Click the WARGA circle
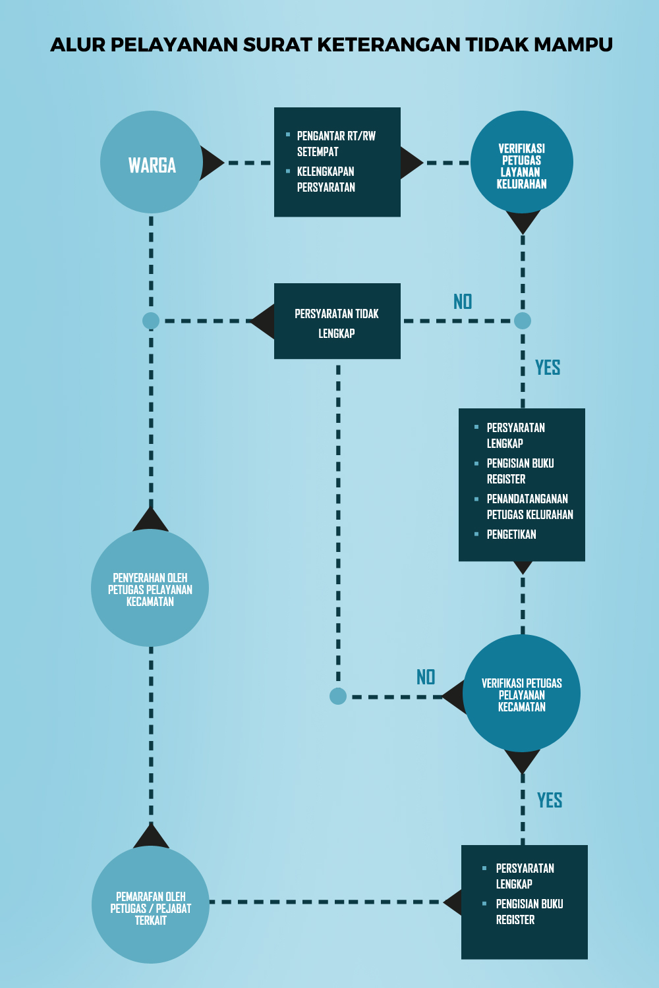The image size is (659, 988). click(152, 162)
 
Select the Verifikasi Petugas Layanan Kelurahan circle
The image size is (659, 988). click(522, 162)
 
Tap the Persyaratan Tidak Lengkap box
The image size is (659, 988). click(337, 321)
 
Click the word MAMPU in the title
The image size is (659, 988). click(573, 45)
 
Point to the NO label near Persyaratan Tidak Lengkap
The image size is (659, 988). click(463, 302)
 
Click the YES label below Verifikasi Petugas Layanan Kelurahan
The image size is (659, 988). click(548, 368)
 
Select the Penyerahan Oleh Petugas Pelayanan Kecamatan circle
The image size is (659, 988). click(150, 588)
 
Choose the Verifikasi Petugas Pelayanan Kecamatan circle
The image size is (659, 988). click(522, 693)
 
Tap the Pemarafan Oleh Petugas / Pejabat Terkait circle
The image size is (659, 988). click(150, 904)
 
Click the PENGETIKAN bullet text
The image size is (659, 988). click(511, 535)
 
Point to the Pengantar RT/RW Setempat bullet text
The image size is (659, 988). click(336, 144)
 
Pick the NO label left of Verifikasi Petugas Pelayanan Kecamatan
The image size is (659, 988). click(426, 677)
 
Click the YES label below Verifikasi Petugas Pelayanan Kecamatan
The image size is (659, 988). click(550, 800)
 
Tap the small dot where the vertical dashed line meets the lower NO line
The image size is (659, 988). click(338, 696)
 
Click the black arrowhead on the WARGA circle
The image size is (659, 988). click(212, 163)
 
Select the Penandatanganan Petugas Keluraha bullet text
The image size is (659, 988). click(530, 507)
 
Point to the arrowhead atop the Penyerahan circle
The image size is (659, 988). click(150, 519)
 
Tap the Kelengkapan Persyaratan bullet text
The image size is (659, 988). click(326, 180)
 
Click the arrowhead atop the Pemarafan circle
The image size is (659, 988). click(151, 836)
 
